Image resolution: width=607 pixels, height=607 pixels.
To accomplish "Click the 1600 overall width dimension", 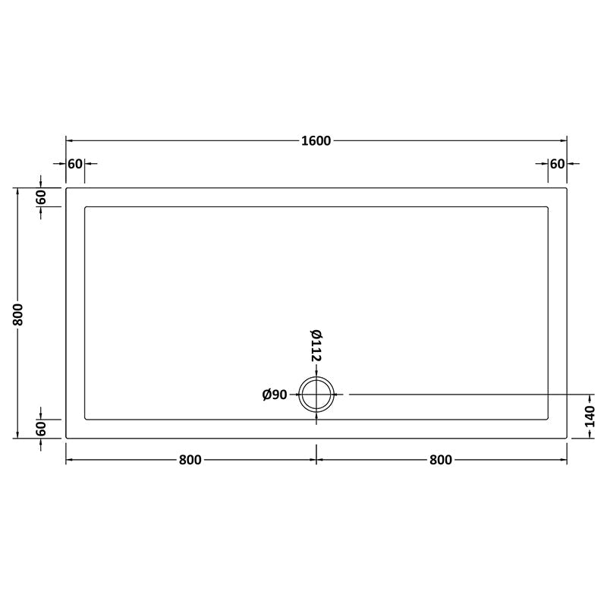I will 316,140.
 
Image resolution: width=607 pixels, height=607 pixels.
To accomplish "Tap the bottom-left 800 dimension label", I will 190,460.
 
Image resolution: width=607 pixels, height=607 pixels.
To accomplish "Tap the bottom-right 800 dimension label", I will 441,460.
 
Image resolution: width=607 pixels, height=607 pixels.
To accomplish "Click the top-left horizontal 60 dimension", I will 74,164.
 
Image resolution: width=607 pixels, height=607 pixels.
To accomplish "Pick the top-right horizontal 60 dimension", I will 557,164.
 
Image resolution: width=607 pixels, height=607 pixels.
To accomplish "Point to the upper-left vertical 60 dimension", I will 42,197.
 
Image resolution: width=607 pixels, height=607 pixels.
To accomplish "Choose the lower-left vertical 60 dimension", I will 42,428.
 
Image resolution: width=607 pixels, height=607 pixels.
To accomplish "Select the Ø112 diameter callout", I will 316,345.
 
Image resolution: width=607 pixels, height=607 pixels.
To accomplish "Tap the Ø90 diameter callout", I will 274,395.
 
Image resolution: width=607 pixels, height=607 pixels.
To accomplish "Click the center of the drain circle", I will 316,395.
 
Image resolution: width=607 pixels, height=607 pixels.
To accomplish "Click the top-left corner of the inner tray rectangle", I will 85,206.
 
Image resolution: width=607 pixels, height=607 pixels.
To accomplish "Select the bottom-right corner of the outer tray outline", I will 567,438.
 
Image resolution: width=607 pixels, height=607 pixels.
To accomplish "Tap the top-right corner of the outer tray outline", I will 567,187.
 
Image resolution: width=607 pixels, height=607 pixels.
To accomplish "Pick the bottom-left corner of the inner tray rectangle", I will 85,419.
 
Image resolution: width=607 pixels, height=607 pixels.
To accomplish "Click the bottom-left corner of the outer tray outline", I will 67,438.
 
